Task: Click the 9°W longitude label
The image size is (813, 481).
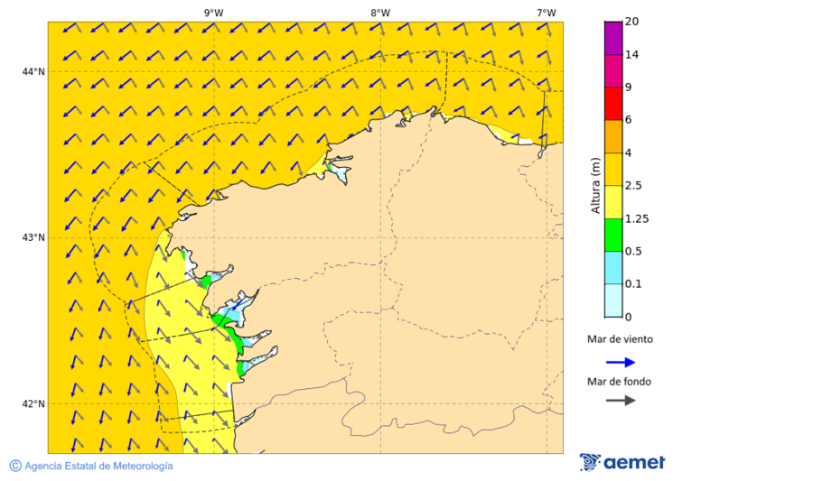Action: (214, 13)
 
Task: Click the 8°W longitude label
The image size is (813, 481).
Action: (380, 13)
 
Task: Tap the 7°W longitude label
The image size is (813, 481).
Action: (546, 13)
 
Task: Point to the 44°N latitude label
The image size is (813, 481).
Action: (33, 71)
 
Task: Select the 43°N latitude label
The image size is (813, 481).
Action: (33, 237)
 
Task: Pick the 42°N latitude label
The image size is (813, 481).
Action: (33, 403)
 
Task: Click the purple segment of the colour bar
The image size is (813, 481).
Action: (613, 38)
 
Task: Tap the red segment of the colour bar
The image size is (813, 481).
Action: (613, 104)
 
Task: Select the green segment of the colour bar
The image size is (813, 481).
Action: (613, 235)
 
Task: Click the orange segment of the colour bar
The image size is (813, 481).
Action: (613, 136)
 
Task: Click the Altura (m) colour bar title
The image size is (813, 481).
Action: (595, 185)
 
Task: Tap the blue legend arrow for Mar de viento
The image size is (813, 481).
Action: (621, 362)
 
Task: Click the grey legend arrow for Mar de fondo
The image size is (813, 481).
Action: (621, 401)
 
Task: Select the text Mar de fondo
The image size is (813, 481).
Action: (619, 382)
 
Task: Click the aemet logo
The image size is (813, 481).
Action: (622, 462)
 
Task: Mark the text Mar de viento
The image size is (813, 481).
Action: (620, 340)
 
